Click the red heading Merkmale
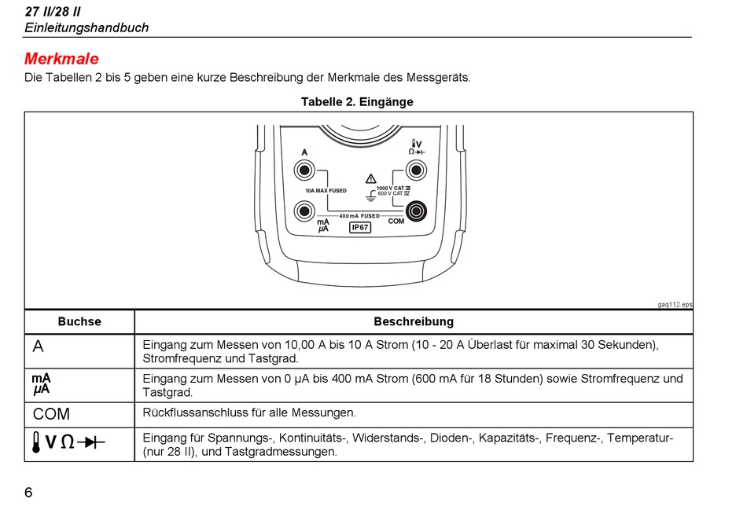61,59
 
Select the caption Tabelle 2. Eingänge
357,102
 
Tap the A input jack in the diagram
304,170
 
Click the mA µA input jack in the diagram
304,211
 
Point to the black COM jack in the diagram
415,211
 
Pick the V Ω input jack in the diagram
415,170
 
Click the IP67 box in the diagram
360,228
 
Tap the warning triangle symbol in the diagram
371,179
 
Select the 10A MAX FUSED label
326,191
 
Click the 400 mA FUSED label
359,216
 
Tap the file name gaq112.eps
675,304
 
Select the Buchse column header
79,321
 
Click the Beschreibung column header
414,321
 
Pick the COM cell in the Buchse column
51,413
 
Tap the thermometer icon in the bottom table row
37,442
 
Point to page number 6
28,493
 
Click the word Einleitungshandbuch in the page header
86,27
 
